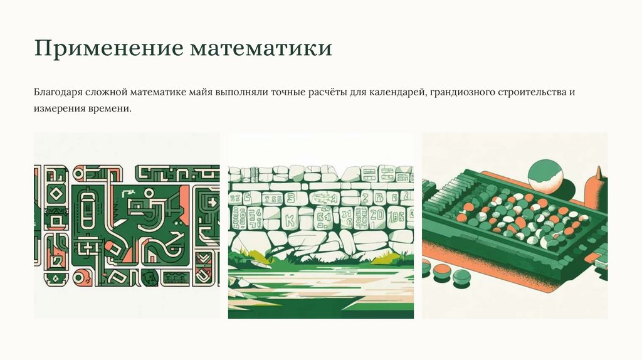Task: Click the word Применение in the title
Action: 109,48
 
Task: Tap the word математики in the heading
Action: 261,48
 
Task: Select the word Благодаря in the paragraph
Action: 58,92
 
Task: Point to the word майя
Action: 201,92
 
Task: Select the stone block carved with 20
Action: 377,218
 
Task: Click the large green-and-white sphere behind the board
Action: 545,177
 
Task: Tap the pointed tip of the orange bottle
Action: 598,167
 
